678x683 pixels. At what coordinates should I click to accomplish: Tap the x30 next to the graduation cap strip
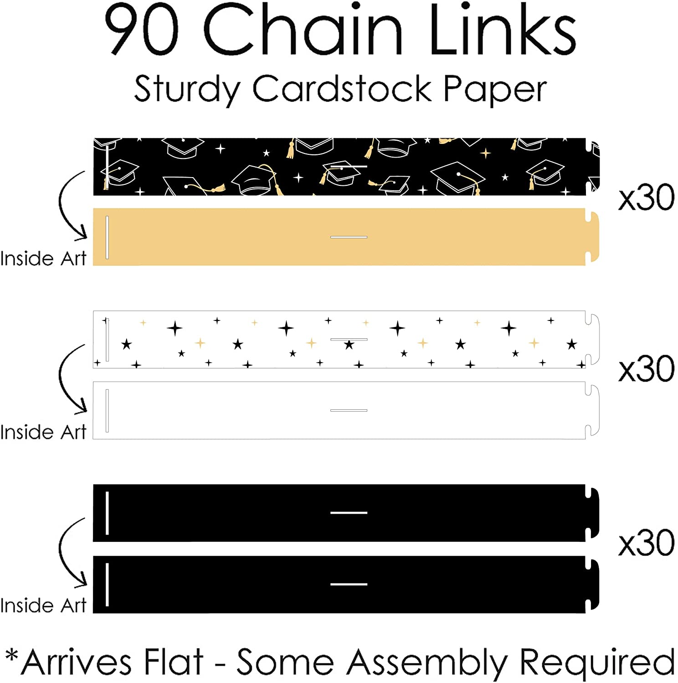(x=646, y=198)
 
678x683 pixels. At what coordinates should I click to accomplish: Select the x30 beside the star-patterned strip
(x=646, y=369)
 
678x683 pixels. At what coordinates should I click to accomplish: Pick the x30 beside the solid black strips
(x=646, y=543)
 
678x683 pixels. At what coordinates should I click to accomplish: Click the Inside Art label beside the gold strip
(x=43, y=259)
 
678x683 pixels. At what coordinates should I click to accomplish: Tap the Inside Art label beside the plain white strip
(x=43, y=432)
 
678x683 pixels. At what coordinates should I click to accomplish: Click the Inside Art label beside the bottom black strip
(x=43, y=606)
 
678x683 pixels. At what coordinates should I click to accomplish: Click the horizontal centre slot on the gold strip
(x=349, y=237)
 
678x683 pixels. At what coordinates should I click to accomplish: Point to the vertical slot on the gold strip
(x=107, y=237)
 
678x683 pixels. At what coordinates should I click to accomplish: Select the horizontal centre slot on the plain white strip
(x=349, y=410)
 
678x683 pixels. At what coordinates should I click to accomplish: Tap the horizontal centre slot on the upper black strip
(x=349, y=513)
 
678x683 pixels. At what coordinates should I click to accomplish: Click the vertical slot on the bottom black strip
(x=107, y=585)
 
